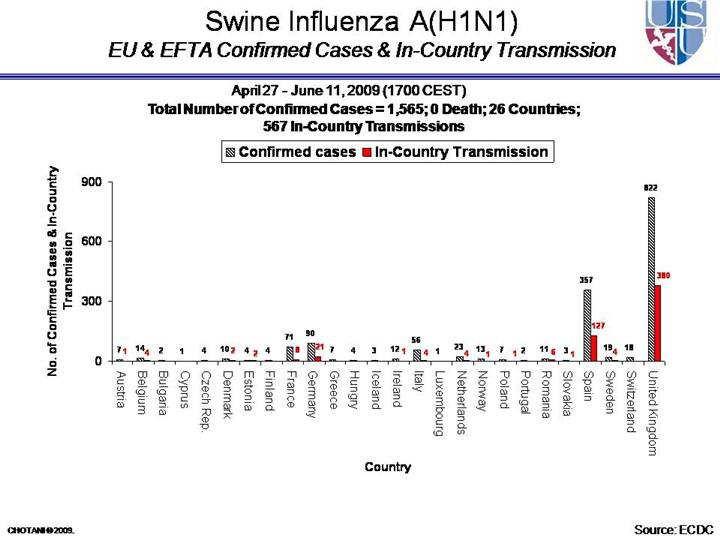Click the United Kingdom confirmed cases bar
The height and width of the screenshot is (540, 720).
651,279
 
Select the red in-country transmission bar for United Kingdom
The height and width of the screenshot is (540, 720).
659,323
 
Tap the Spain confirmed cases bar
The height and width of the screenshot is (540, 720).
587,325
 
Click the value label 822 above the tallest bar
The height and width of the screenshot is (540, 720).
651,187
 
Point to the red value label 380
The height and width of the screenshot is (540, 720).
663,274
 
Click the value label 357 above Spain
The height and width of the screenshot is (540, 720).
587,281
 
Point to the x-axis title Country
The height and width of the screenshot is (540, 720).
387,467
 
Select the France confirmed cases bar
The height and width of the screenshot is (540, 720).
289,353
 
